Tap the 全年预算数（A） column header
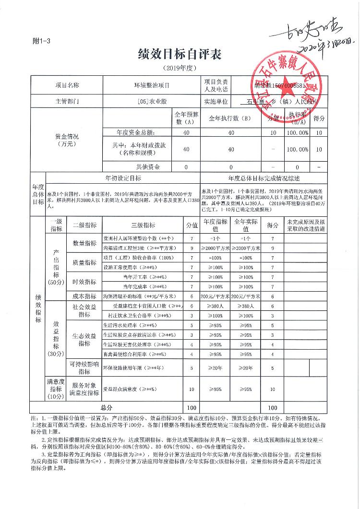[186, 118]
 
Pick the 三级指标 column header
[143, 225]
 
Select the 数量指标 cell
[84, 243]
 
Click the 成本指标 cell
[84, 296]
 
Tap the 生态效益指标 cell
[84, 340]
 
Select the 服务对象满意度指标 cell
[84, 389]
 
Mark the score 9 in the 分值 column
[192, 248]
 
